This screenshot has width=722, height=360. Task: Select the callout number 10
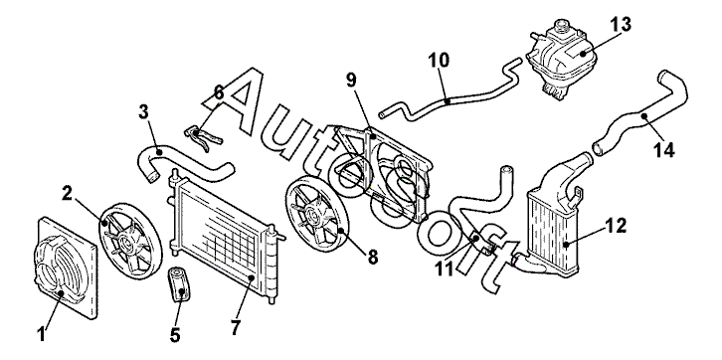click(438, 60)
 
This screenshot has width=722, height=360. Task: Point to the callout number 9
click(351, 81)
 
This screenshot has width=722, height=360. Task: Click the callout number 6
click(219, 92)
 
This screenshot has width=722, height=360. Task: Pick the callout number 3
click(143, 112)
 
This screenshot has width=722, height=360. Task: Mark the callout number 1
click(42, 334)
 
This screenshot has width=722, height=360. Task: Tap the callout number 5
click(175, 335)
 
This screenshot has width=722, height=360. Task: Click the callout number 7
click(236, 328)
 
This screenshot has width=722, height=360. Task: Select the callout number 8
click(373, 258)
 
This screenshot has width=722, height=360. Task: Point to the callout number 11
click(445, 269)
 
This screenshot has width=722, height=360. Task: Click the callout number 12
click(616, 226)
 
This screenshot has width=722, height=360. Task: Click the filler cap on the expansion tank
click(562, 24)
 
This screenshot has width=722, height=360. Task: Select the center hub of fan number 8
click(313, 214)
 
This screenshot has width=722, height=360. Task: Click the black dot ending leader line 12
click(567, 244)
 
